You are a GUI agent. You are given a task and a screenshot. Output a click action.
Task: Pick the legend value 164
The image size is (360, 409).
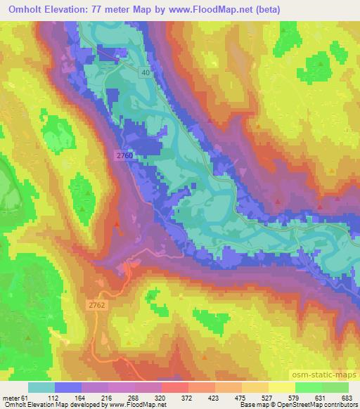coord(81,397)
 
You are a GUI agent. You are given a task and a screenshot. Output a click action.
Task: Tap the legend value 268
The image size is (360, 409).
coord(134,397)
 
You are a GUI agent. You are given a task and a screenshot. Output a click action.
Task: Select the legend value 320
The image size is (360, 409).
coord(161,397)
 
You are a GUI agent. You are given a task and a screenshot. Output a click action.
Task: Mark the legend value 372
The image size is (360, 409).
coord(188,397)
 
